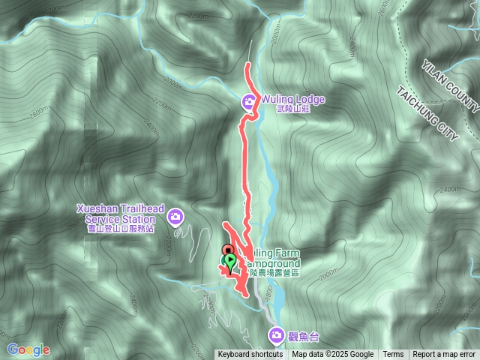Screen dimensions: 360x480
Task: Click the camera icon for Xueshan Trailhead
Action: click(x=175, y=217)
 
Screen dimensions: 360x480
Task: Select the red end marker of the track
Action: click(x=228, y=250)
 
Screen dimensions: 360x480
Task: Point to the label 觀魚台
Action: click(x=301, y=335)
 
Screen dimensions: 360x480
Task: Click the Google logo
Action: click(x=28, y=349)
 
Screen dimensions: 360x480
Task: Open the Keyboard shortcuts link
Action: click(x=250, y=355)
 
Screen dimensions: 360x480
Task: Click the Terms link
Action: click(x=393, y=355)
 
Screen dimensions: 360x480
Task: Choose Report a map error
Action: click(x=444, y=355)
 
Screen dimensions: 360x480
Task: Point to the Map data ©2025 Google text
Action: click(x=333, y=355)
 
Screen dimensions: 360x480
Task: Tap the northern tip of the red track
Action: click(x=248, y=67)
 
